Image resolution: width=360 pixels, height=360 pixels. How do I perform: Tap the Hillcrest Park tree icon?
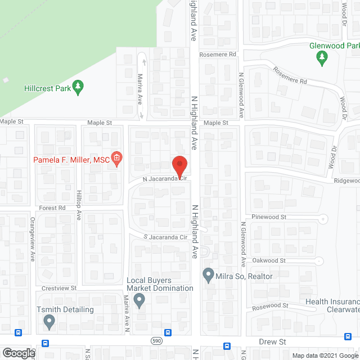point(79,87)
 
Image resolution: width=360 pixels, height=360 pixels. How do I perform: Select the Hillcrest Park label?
point(48,88)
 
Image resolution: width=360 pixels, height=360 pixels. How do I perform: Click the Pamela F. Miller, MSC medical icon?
point(117,159)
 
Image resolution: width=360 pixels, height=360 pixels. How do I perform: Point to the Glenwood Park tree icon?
point(322,56)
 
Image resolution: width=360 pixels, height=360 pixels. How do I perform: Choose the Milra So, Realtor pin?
point(208,276)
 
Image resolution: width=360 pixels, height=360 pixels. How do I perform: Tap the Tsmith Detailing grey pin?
point(49,322)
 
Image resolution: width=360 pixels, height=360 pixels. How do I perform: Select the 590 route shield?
point(156,340)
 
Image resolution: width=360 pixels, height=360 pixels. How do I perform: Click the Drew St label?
point(273,341)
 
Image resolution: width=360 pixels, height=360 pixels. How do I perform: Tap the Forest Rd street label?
point(53,208)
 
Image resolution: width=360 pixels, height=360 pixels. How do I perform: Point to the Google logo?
point(18,353)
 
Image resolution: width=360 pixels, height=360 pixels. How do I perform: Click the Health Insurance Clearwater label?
point(332,305)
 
